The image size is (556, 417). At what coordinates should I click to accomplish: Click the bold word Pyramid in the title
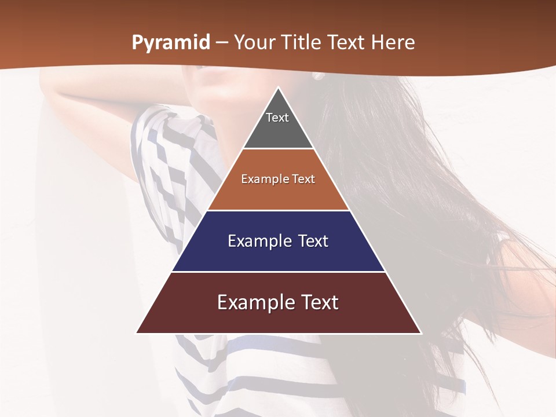[171, 43]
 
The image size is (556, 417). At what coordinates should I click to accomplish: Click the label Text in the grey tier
[277, 118]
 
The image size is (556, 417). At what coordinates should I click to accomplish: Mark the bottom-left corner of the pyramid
[137, 332]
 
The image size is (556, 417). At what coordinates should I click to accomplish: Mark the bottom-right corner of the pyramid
[421, 332]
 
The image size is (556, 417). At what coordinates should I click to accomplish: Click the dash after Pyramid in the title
[221, 43]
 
